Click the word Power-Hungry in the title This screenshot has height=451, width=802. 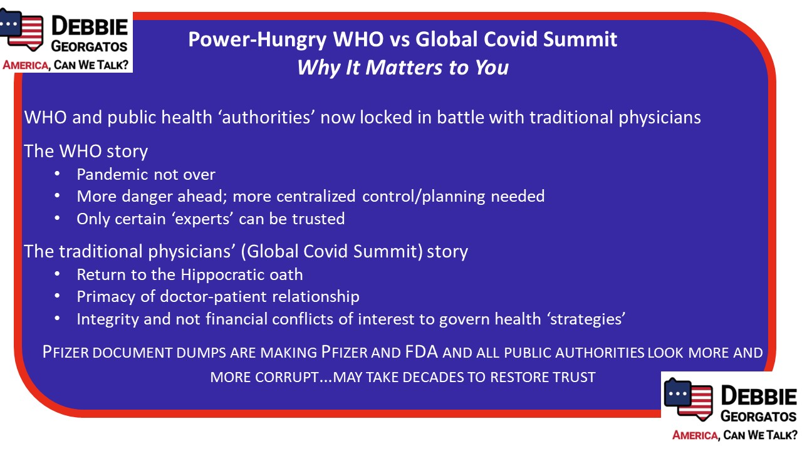point(258,39)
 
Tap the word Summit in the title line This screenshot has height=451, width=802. point(580,39)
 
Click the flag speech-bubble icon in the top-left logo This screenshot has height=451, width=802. point(21,29)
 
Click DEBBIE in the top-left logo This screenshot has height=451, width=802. point(90,27)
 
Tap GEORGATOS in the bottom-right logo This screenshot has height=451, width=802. point(758,417)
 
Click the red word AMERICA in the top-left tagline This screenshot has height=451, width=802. point(26,66)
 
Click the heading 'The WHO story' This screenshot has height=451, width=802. point(86,151)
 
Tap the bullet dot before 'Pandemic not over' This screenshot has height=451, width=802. point(57,174)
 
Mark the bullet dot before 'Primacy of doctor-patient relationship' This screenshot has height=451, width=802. point(57,296)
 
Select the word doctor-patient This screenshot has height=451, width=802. point(214,297)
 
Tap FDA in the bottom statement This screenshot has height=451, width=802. point(422,352)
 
